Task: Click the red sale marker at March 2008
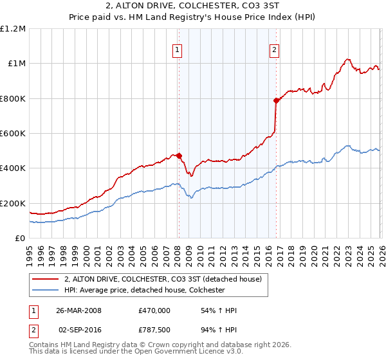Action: click(179, 156)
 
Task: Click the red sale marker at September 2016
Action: click(275, 100)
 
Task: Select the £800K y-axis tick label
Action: click(13, 98)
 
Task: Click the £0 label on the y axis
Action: click(19, 238)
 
